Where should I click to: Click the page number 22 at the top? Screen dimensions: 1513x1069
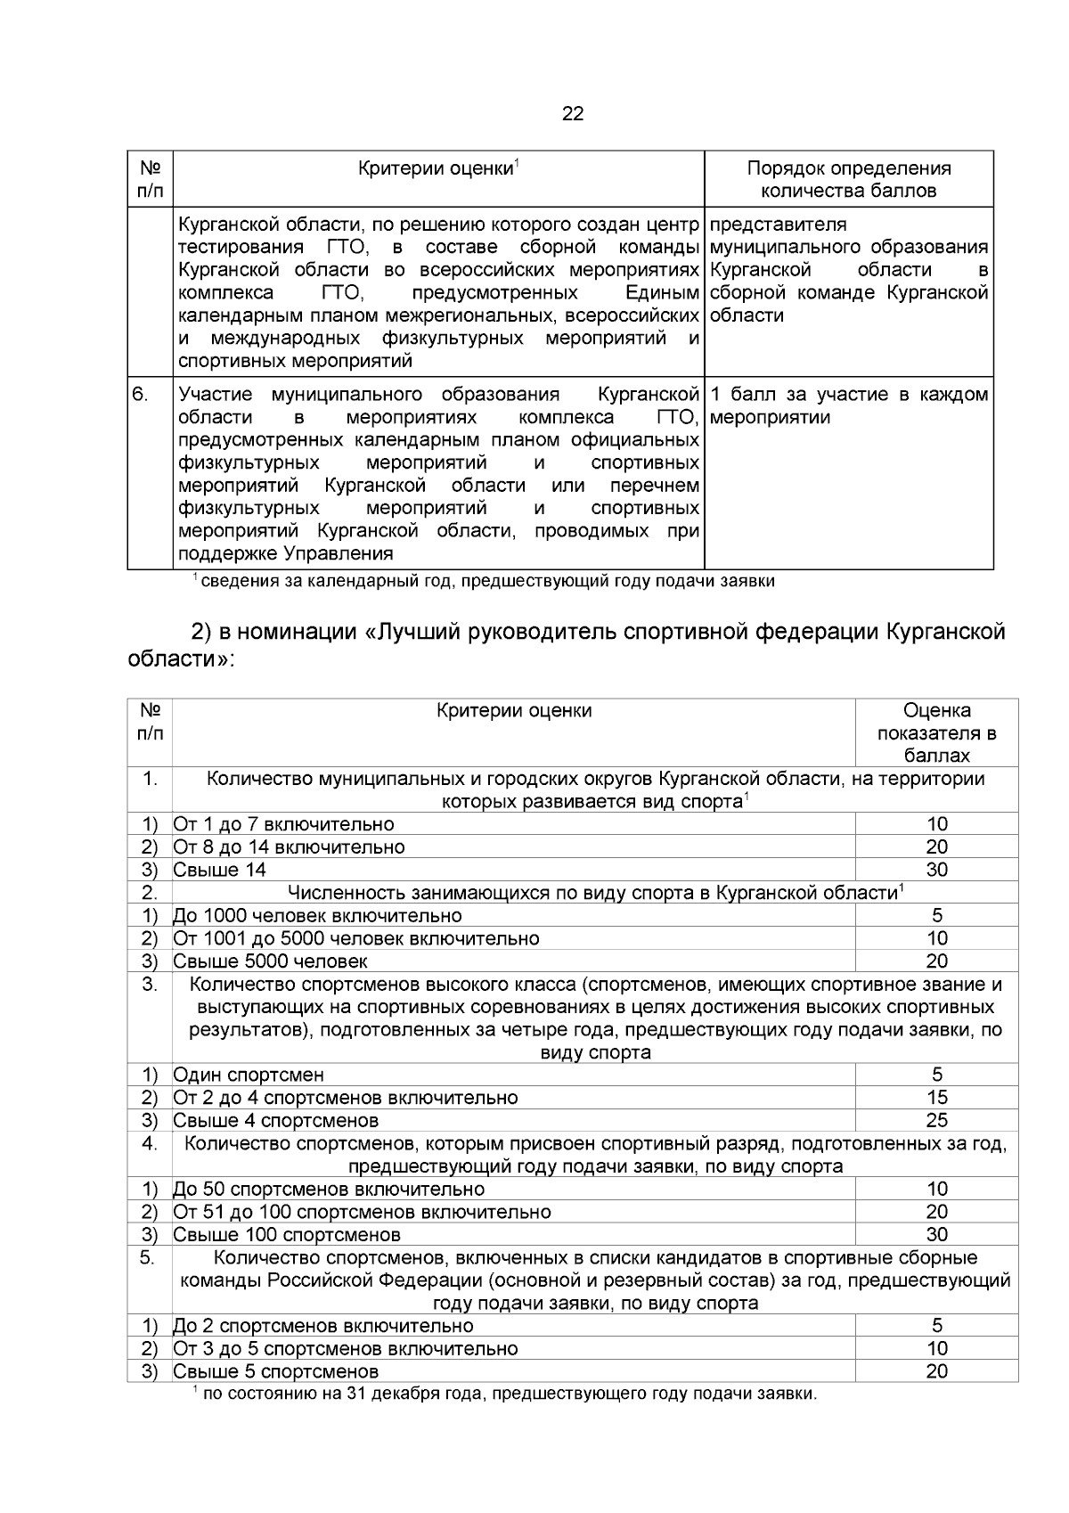click(573, 114)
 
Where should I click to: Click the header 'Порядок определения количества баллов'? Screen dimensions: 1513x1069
click(848, 179)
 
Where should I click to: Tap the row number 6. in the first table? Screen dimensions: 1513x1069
click(141, 394)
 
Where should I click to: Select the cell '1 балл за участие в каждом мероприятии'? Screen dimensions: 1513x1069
click(849, 405)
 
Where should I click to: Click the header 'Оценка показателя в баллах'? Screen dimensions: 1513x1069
click(936, 732)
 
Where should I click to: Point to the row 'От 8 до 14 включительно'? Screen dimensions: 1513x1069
click(289, 846)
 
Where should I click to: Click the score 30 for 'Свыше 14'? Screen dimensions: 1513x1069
click(936, 870)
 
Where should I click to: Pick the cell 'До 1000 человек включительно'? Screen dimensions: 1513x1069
click(317, 915)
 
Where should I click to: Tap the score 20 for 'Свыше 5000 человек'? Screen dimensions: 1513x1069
click(936, 961)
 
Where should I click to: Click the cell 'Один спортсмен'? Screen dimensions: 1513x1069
click(249, 1075)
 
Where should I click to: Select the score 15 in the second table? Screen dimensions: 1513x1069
click(936, 1098)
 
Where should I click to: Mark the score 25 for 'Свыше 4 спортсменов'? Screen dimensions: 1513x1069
click(936, 1120)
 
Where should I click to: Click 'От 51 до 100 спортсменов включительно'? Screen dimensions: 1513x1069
click(362, 1212)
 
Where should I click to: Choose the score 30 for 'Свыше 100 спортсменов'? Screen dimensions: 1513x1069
click(936, 1234)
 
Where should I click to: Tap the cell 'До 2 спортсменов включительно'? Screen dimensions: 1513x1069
click(322, 1326)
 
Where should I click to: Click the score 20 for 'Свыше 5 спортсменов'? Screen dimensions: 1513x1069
click(936, 1371)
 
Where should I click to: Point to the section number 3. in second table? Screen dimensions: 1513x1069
click(149, 985)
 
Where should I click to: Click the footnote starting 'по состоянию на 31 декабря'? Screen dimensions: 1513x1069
click(508, 1394)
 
